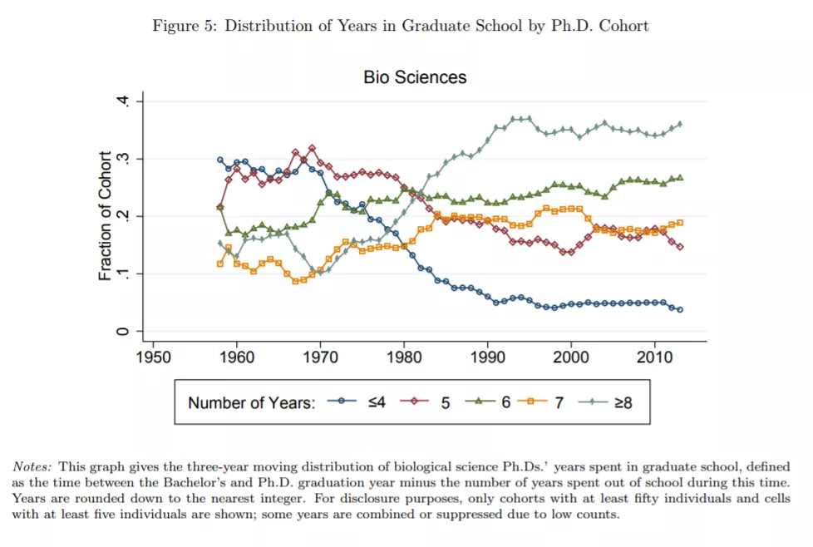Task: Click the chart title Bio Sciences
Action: click(415, 77)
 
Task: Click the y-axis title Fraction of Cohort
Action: click(106, 215)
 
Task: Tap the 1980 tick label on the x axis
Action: click(403, 357)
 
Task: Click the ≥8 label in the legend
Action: click(623, 403)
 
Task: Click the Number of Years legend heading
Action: click(251, 403)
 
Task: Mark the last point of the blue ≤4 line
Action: click(680, 309)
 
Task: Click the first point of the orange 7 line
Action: click(219, 264)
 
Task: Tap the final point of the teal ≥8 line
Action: click(680, 124)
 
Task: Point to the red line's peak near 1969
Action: click(312, 148)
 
